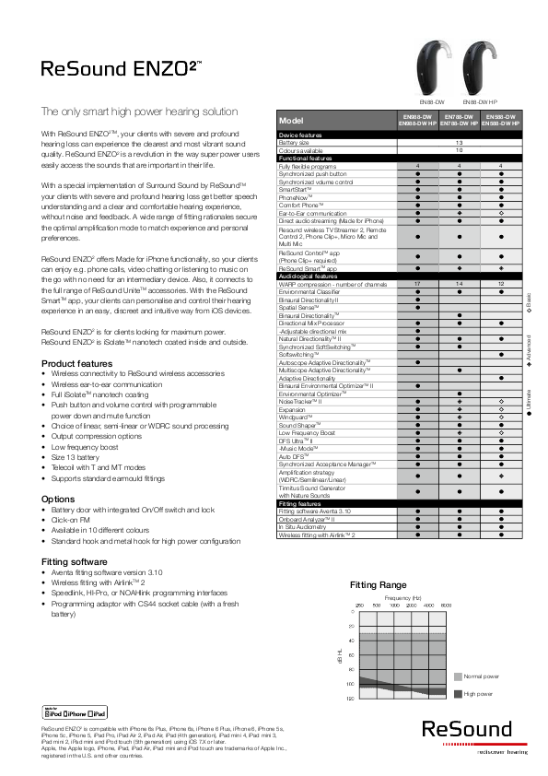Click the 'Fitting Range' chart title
coord(379,585)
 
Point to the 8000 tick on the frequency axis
coord(445,605)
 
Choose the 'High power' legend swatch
coord(459,693)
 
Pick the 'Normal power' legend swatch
coord(459,676)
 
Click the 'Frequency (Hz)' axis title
coord(403,597)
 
